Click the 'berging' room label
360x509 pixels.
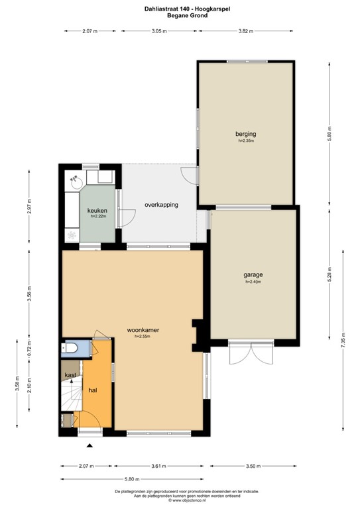[245, 133]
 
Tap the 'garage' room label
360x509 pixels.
[253, 274]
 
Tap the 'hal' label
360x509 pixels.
[93, 390]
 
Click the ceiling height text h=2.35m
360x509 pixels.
[246, 141]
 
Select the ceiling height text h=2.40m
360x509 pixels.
[253, 282]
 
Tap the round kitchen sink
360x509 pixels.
[76, 179]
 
